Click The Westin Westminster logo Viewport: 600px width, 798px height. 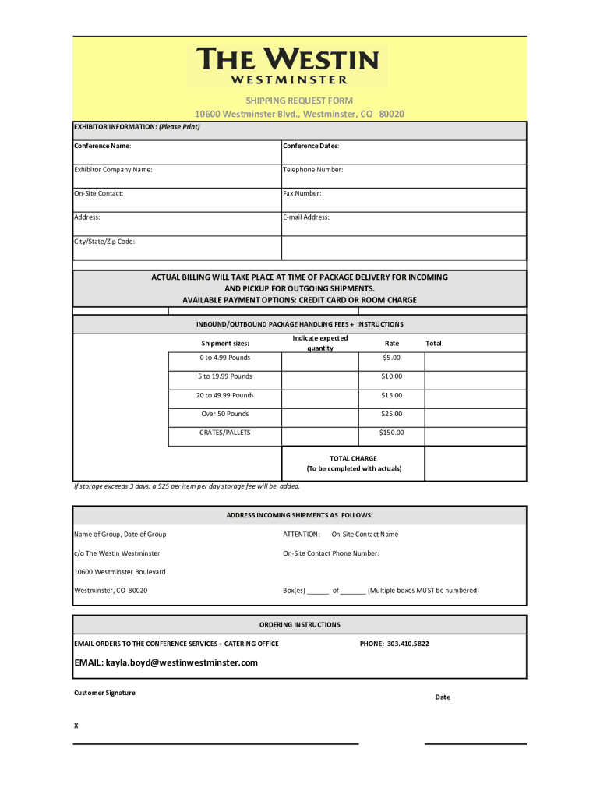287,65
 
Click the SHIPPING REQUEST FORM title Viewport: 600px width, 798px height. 299,101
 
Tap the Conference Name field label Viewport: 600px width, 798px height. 103,146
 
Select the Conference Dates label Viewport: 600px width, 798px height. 311,146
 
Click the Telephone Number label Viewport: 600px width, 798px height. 312,169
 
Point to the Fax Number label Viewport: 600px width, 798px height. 302,193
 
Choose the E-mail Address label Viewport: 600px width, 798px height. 306,217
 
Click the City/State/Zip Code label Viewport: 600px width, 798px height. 104,242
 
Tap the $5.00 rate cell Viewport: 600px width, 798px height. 391,358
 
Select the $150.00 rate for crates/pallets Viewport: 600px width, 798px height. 391,433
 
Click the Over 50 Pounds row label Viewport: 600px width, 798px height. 224,414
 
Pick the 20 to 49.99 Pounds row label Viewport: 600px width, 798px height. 224,395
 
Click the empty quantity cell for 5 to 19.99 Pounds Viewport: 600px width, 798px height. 319,376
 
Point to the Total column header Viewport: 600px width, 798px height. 433,343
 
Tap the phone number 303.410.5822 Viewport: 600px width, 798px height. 394,644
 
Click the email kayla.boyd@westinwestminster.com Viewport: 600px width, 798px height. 165,662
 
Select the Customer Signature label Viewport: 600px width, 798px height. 104,693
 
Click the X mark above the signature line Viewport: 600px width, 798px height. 76,725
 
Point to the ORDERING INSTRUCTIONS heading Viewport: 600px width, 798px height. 299,625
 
